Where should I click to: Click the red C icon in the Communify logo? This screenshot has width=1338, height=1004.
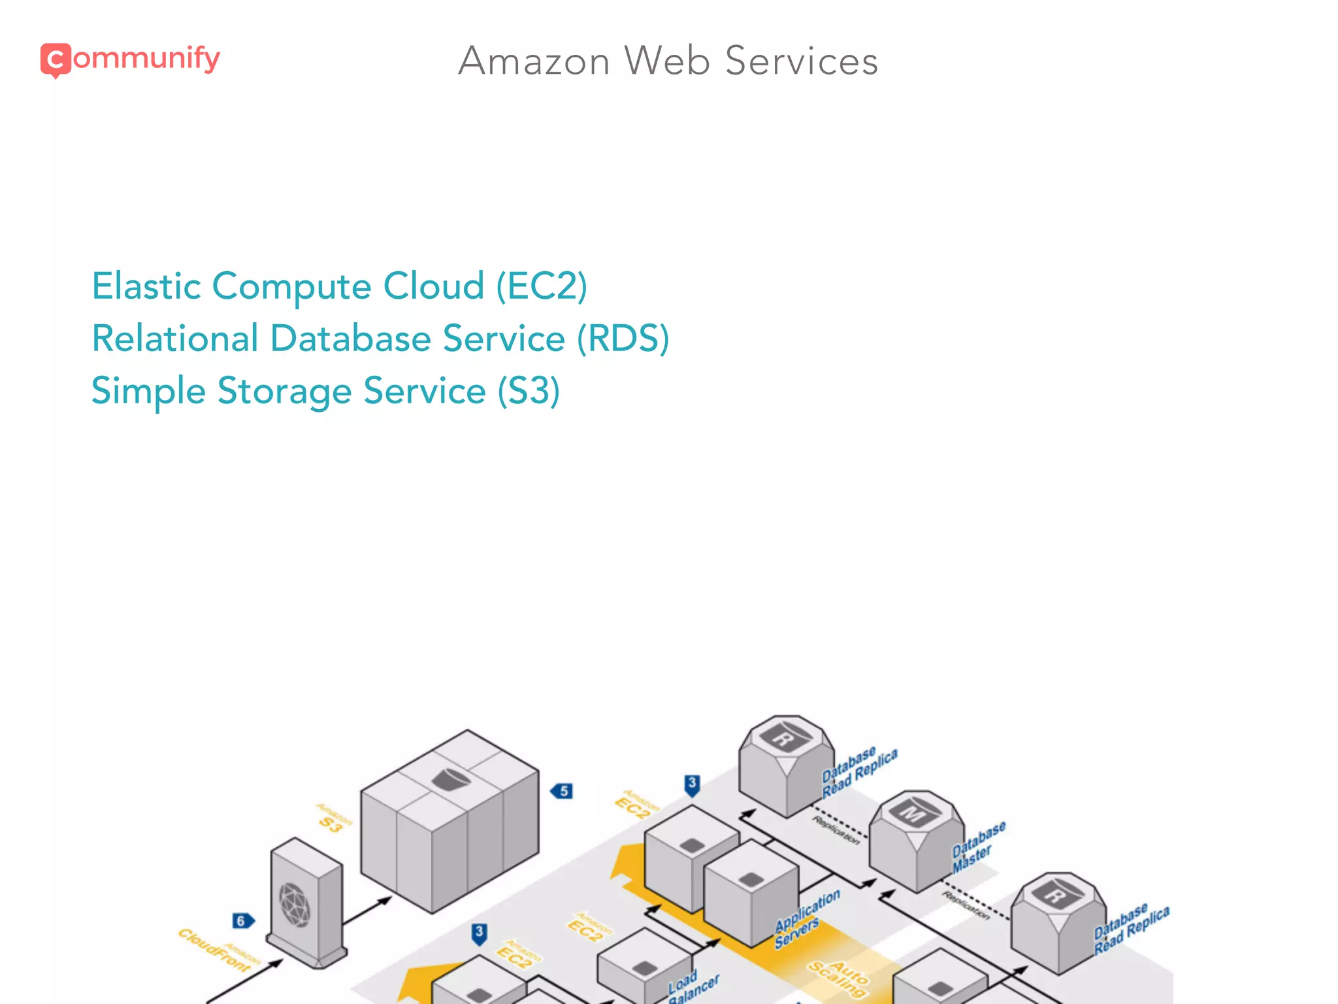[x=56, y=60]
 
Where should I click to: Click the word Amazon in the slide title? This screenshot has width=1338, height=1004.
[x=534, y=61]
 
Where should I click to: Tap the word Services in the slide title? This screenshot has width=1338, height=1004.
[x=802, y=61]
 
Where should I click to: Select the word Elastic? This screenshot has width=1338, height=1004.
[x=146, y=286]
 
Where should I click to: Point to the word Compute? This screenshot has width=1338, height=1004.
[x=292, y=288]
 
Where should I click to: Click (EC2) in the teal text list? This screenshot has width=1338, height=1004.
[x=542, y=286]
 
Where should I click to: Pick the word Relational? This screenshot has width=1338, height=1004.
[x=175, y=339]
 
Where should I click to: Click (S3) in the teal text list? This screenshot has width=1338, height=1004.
[x=529, y=391]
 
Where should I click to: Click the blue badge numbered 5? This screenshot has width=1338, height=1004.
[x=563, y=791]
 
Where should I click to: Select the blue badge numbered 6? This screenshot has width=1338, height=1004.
[x=242, y=921]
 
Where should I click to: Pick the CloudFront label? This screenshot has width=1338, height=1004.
[x=215, y=950]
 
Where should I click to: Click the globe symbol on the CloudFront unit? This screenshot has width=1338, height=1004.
[x=295, y=905]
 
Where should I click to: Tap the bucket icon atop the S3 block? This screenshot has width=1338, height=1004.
[x=451, y=778]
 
